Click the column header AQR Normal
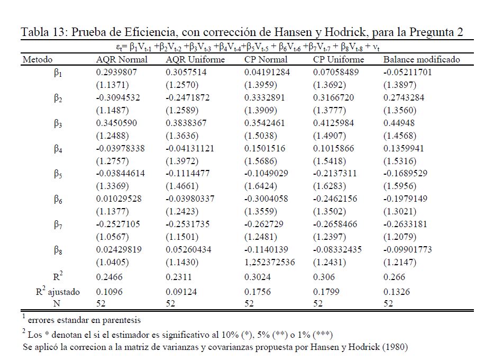point(122,59)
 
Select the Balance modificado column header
point(422,59)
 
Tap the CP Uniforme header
point(339,59)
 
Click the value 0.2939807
point(116,72)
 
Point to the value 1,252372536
point(270,262)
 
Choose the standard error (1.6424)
point(261,186)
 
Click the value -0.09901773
point(408,250)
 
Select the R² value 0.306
point(324,277)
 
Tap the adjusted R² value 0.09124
point(181,292)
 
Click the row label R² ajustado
point(58,291)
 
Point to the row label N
point(57,303)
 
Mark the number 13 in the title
point(57,32)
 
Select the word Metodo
point(38,59)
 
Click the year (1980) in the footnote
point(395,347)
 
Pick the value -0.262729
point(264,224)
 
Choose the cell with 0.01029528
point(119,199)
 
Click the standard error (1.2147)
point(400,262)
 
